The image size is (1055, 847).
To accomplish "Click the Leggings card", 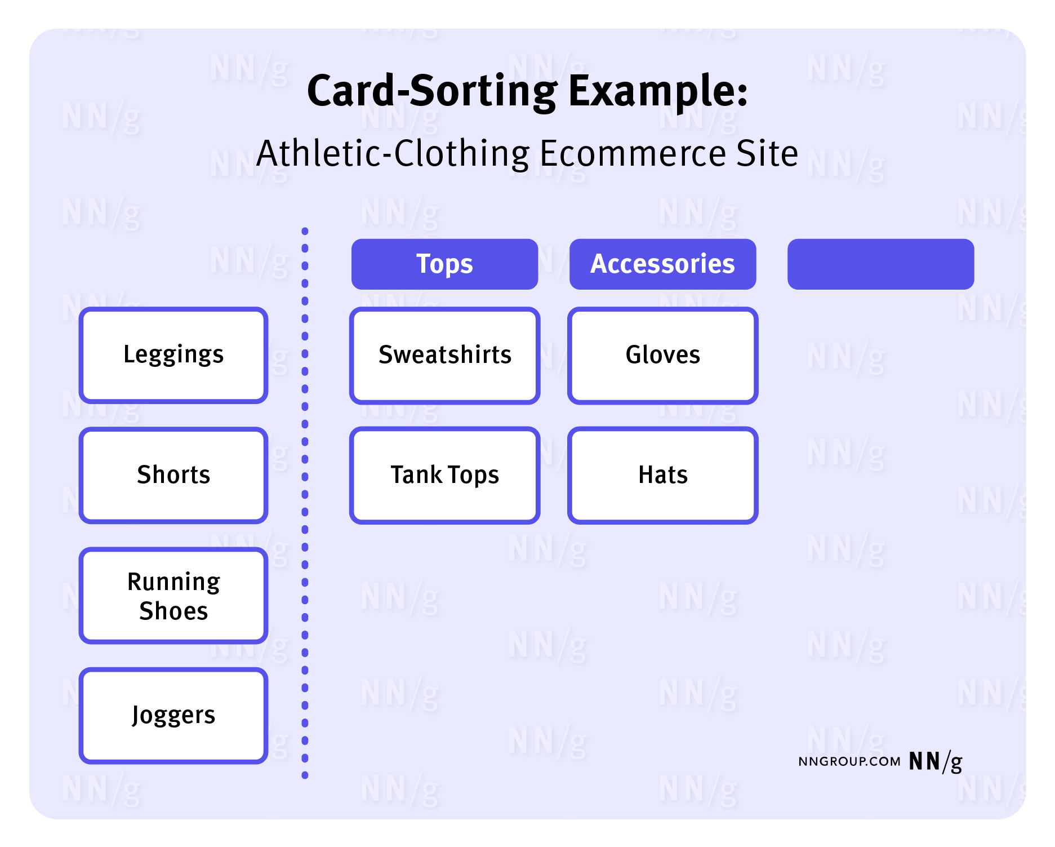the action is (x=173, y=355).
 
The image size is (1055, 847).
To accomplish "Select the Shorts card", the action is (x=173, y=475).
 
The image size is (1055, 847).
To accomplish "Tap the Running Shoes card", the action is (x=173, y=596).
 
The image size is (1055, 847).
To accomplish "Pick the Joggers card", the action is (x=173, y=716).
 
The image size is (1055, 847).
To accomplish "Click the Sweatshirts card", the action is (x=445, y=355).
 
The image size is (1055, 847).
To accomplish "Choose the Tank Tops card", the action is (x=445, y=475).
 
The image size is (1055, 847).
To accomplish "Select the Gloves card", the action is (x=663, y=355).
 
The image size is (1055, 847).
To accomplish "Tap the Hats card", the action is (x=663, y=475).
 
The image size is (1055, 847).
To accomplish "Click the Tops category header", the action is (x=445, y=264).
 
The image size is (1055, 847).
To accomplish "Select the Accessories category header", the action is (x=663, y=264).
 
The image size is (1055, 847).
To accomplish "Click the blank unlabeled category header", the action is (x=881, y=264).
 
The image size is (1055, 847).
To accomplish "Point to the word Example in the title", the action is (x=658, y=92).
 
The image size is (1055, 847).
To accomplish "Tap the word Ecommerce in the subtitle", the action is (x=633, y=153).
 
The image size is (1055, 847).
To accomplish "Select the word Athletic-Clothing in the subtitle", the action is (x=393, y=153).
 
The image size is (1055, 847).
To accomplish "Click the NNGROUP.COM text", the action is (x=849, y=762).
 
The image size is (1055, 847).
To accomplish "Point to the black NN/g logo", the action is (x=936, y=762).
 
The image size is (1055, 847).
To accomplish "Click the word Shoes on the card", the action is (x=173, y=611).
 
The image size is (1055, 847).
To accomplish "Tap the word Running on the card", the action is (x=173, y=582).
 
